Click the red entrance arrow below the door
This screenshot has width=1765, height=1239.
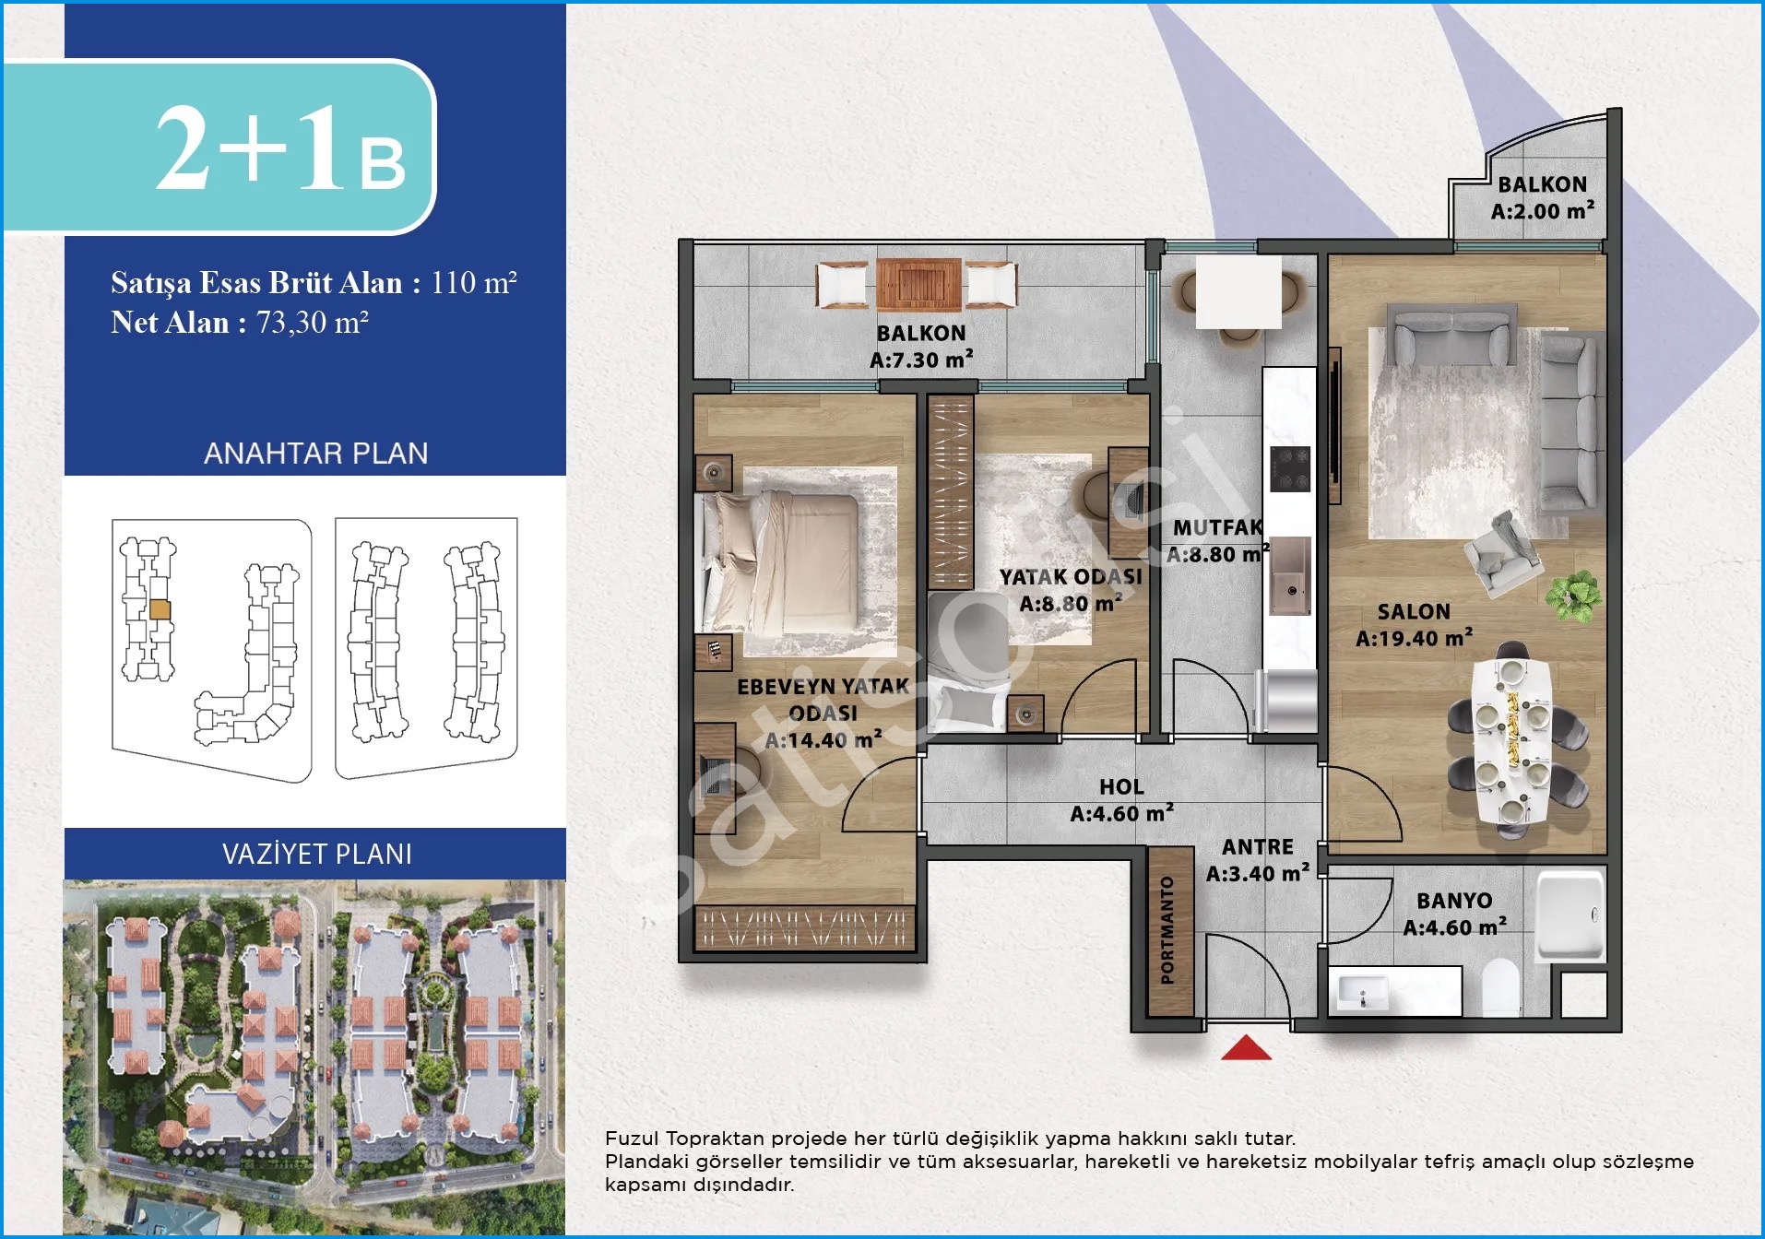(x=1246, y=1047)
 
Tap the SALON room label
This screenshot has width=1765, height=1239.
(x=1414, y=611)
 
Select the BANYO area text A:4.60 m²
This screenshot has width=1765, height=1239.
(x=1454, y=927)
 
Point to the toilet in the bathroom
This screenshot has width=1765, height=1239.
(x=1500, y=987)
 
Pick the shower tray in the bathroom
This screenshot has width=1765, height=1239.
(x=1570, y=916)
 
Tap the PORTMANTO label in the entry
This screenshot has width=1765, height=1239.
(x=1167, y=930)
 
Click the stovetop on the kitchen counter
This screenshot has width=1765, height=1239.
(x=1290, y=469)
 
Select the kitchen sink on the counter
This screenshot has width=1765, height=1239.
(x=1290, y=576)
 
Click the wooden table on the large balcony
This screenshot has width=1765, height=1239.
(x=918, y=283)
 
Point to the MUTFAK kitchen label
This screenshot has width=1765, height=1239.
(x=1217, y=527)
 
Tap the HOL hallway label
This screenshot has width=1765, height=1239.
(x=1121, y=786)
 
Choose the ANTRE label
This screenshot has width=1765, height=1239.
(x=1258, y=846)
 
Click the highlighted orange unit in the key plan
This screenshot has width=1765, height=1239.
(x=160, y=609)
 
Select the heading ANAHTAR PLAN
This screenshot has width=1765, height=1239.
(x=316, y=454)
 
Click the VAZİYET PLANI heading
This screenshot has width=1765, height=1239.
(x=317, y=854)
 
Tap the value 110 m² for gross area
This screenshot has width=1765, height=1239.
(x=474, y=282)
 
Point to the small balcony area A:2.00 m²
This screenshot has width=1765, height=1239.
(x=1542, y=211)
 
